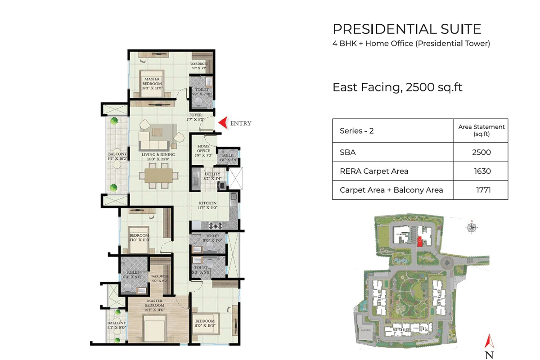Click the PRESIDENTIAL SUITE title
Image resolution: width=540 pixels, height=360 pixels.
pos(407,29)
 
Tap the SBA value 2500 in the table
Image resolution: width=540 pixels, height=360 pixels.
pos(481,152)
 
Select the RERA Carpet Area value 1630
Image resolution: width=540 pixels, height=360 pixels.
pos(481,171)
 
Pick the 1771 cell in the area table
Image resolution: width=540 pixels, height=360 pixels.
pos(481,190)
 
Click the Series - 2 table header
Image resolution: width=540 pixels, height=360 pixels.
pos(357,131)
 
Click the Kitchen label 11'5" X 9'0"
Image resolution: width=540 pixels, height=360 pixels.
pos(208,206)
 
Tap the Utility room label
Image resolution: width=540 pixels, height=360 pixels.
pos(212,176)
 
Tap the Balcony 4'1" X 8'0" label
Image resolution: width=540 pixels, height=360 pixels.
pos(117,325)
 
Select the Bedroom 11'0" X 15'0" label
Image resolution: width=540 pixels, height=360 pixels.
pos(204,323)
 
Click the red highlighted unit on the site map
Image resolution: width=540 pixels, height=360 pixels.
pos(419,242)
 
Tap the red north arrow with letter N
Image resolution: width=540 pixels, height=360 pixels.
pos(489,346)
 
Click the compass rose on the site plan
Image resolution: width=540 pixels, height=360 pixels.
pos(471,227)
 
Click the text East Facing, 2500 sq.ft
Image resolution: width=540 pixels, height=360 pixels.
pos(397,87)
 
